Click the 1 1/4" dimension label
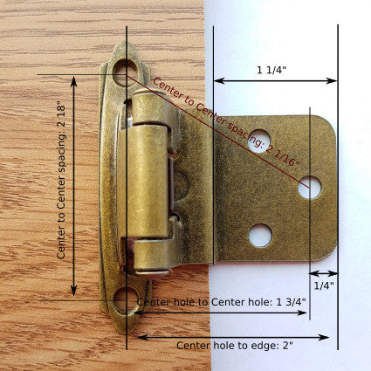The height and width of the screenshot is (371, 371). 273,70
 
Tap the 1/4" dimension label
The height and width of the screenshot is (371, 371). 323,285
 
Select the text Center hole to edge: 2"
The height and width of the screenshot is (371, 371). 235,346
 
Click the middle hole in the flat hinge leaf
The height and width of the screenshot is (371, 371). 309,186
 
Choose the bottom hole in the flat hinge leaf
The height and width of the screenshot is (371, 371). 259,234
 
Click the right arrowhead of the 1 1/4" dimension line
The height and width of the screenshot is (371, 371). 334,80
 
